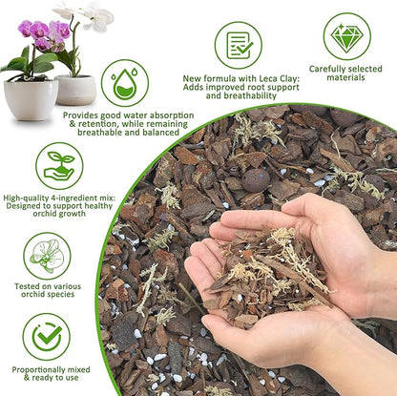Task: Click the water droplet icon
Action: pos(124,82)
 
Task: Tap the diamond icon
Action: pos(346,37)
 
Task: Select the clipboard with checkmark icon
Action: pos(238,44)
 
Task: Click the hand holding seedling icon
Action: pos(59,165)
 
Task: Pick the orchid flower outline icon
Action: pos(46,256)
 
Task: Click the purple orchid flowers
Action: pos(44,31)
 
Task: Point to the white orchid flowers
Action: pos(91,14)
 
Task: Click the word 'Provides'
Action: pos(82,115)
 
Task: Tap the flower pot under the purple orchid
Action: pos(31,97)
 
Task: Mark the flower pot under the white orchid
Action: pos(76,89)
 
